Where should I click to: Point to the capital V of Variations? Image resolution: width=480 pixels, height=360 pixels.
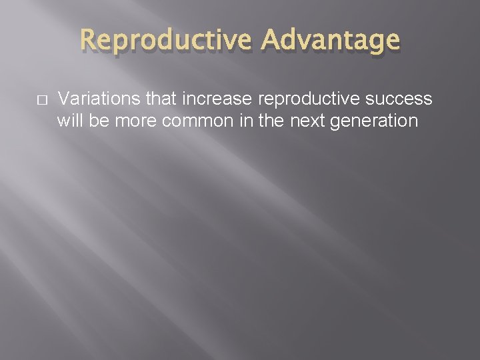[x=63, y=99]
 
